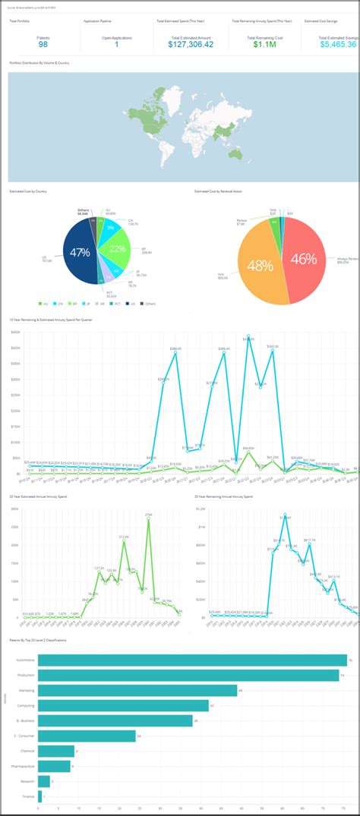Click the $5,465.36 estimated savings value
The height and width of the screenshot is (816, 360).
pos(338,45)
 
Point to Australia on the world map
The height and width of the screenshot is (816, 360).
pos(235,153)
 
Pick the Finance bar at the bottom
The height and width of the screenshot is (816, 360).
pos(39,796)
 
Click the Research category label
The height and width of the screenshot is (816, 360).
pos(27,781)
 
